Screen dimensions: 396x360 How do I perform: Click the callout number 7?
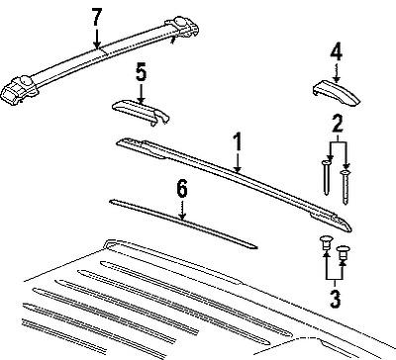pos(97,18)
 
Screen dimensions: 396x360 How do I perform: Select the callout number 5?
pos(141,72)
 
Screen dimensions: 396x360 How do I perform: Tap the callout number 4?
pos(337,53)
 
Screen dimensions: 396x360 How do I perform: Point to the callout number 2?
pos(337,125)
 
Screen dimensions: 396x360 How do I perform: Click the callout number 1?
pos(237,142)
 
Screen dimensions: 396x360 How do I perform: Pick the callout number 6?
pos(182,190)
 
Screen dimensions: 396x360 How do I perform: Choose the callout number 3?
pos(336,299)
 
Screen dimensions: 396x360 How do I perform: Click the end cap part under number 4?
pos(336,92)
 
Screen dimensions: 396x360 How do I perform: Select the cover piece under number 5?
pos(141,112)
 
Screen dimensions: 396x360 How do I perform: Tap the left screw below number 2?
pos(326,177)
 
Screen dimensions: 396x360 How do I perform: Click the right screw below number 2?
pos(346,187)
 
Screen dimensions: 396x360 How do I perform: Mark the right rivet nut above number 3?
pos(343,252)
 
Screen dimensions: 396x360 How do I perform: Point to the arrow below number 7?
pos(97,39)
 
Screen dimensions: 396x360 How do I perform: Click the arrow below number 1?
pos(238,161)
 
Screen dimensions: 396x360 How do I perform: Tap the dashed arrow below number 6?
pos(182,209)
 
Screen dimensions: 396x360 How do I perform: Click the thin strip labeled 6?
pos(183,224)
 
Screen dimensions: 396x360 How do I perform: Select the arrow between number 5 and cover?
pos(141,93)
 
